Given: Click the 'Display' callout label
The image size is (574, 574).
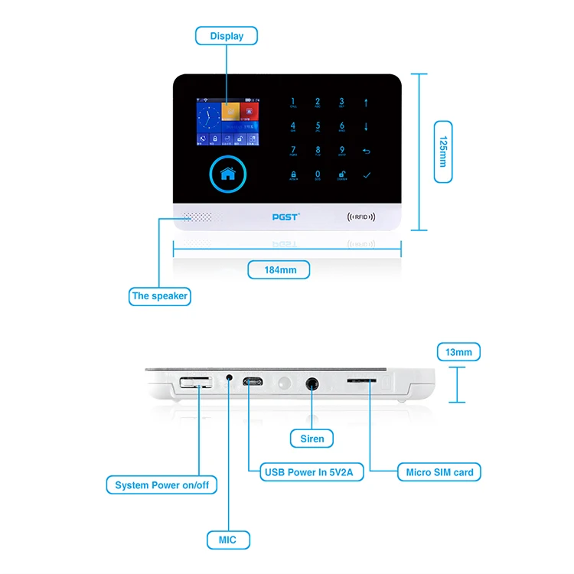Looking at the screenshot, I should click(x=227, y=36).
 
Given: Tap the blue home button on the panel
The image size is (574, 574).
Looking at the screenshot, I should click(x=227, y=174).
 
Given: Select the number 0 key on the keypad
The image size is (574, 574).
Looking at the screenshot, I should click(x=318, y=174).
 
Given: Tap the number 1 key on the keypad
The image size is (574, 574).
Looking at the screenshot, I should click(x=293, y=103).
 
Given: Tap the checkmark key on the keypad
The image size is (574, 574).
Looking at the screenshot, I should click(x=366, y=174).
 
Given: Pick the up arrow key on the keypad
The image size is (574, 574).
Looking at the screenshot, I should click(x=366, y=103).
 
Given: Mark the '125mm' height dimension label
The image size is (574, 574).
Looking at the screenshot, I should click(x=443, y=152).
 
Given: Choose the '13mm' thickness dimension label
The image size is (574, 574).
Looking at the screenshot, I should click(x=458, y=352).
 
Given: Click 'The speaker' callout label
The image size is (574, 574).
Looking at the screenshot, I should click(x=159, y=296).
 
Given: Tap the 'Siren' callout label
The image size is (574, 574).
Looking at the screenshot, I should click(x=312, y=439).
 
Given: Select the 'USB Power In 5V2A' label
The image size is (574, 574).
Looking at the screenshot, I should click(x=312, y=472).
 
